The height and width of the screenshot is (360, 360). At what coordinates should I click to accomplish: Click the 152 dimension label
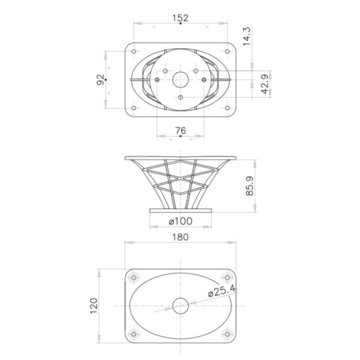tap(180, 18)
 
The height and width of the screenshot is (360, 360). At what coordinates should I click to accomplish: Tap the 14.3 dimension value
tap(247, 36)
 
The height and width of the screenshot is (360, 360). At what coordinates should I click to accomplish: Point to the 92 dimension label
tap(100, 80)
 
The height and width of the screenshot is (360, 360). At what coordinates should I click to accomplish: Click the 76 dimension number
tap(180, 130)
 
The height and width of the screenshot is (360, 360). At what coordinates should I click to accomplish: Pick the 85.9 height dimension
tap(250, 186)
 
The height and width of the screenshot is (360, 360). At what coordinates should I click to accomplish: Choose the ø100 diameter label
tap(180, 221)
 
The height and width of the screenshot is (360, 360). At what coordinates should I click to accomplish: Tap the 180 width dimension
tap(180, 237)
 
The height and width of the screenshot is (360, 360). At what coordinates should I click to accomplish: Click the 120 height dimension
tap(94, 306)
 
